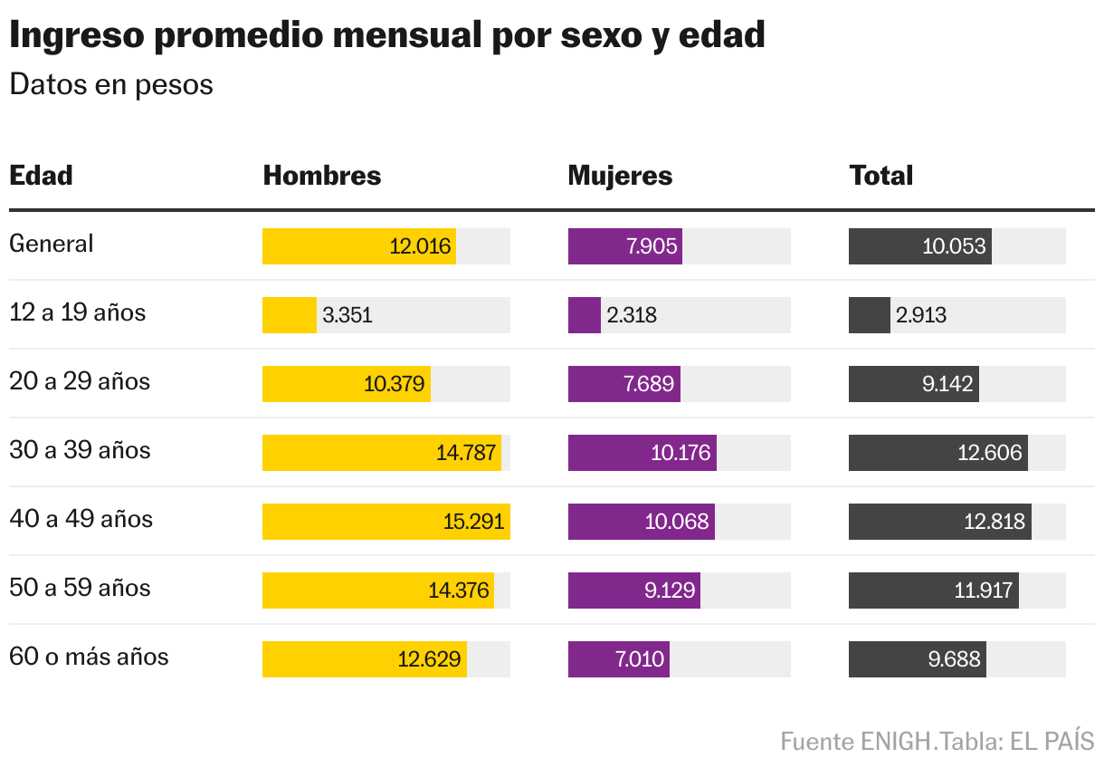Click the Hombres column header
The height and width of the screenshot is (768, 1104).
click(x=321, y=175)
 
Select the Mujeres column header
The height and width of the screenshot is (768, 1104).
click(x=620, y=175)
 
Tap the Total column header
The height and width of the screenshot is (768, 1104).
click(x=880, y=175)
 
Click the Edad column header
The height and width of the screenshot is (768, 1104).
click(x=41, y=175)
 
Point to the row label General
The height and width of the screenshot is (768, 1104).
click(x=51, y=244)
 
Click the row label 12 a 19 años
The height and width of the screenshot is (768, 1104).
click(x=77, y=312)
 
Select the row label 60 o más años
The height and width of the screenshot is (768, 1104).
click(x=89, y=657)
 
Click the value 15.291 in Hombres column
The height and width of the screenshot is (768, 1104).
click(x=473, y=522)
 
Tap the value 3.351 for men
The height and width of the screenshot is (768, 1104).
click(x=347, y=315)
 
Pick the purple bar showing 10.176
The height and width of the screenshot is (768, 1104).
click(x=642, y=453)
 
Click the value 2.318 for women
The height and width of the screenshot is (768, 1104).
click(x=632, y=315)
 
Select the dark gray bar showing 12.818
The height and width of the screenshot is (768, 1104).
click(x=939, y=522)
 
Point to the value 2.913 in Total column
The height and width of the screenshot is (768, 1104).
click(x=920, y=315)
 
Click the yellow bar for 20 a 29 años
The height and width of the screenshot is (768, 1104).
click(x=346, y=384)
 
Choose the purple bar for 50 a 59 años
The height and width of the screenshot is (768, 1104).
click(x=633, y=590)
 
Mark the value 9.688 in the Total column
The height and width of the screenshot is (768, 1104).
click(x=954, y=659)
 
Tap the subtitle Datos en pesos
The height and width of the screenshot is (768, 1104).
click(x=110, y=84)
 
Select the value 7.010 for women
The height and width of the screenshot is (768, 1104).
click(x=640, y=659)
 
